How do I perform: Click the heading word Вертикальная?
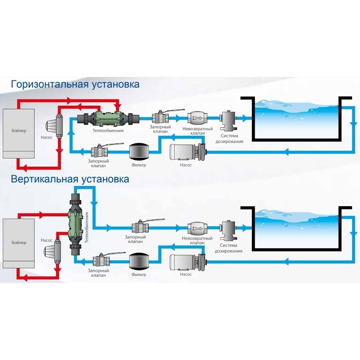(x=43, y=179)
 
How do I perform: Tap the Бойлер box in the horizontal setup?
(x=19, y=133)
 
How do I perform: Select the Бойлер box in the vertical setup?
(x=19, y=243)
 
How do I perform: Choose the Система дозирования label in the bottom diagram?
(x=228, y=248)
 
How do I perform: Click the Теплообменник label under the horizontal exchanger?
(x=108, y=131)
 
